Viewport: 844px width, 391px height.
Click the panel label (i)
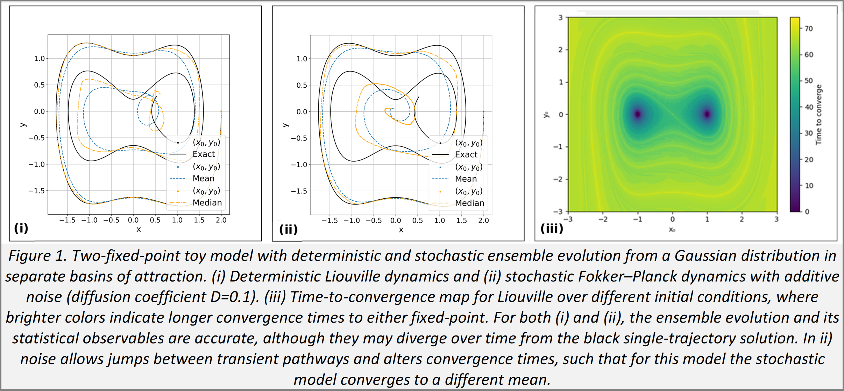pyautogui.click(x=21, y=228)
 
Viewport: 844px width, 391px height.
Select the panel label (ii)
pyautogui.click(x=288, y=229)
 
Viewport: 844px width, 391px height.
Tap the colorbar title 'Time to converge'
pyautogui.click(x=819, y=115)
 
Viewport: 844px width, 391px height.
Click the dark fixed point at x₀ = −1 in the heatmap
pyautogui.click(x=638, y=114)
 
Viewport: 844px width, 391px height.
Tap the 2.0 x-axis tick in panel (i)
pyautogui.click(x=221, y=220)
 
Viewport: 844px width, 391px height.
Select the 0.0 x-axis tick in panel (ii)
pyautogui.click(x=396, y=221)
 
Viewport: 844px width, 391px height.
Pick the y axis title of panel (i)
pyautogui.click(x=23, y=125)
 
